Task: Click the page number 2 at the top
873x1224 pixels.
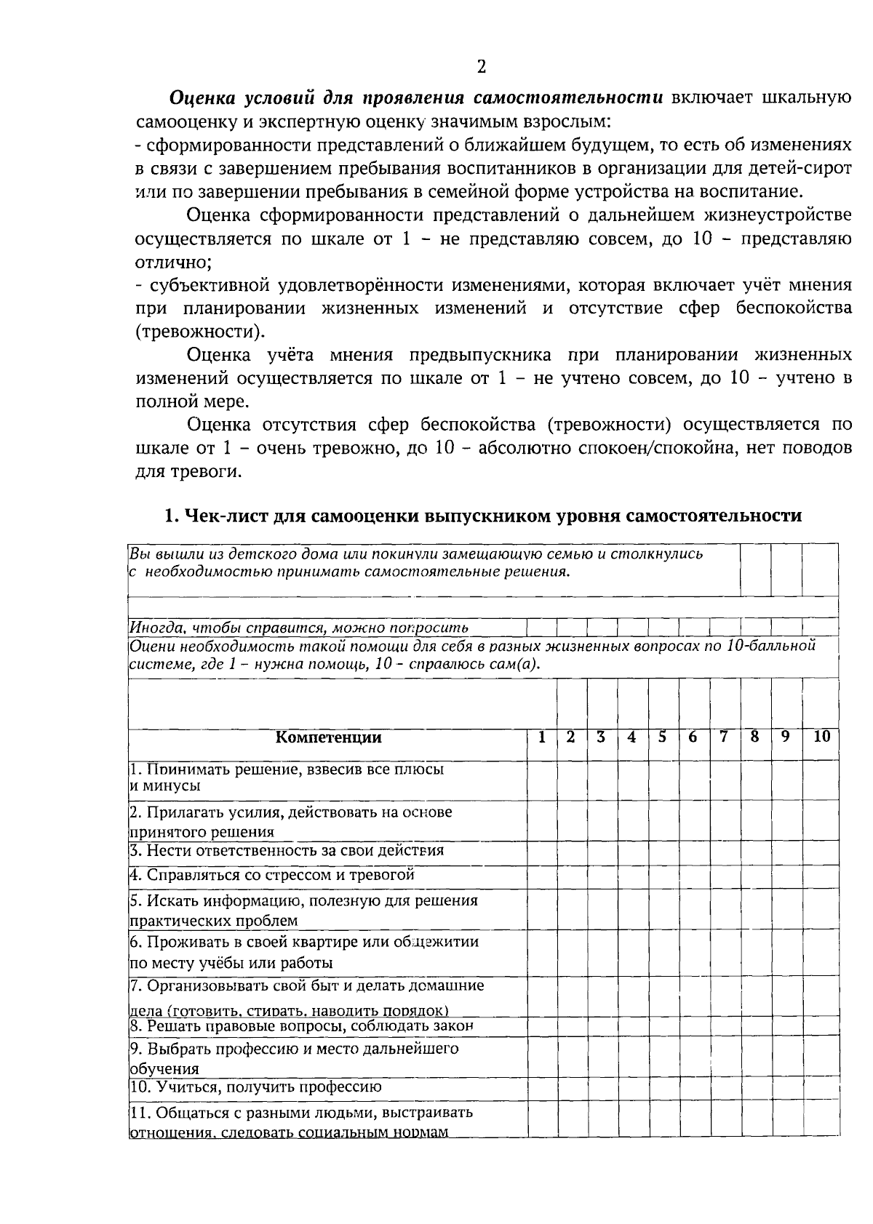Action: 481,68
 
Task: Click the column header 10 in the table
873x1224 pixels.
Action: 821,737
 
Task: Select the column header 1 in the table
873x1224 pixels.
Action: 542,737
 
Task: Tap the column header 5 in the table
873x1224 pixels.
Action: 663,737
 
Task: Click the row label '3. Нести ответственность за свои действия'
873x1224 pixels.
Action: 287,851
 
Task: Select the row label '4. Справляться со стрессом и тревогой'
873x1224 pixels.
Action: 271,876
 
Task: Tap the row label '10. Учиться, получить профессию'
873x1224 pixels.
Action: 255,1087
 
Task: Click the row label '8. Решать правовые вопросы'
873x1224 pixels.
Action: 302,1027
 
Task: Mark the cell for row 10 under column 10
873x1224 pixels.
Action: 821,1088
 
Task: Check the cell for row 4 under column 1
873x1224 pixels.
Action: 542,877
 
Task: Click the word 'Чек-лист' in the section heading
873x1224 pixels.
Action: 223,516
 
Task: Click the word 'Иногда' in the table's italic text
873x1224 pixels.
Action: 151,628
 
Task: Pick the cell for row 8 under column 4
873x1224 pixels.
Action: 632,1027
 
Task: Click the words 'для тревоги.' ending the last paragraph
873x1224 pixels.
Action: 188,471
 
